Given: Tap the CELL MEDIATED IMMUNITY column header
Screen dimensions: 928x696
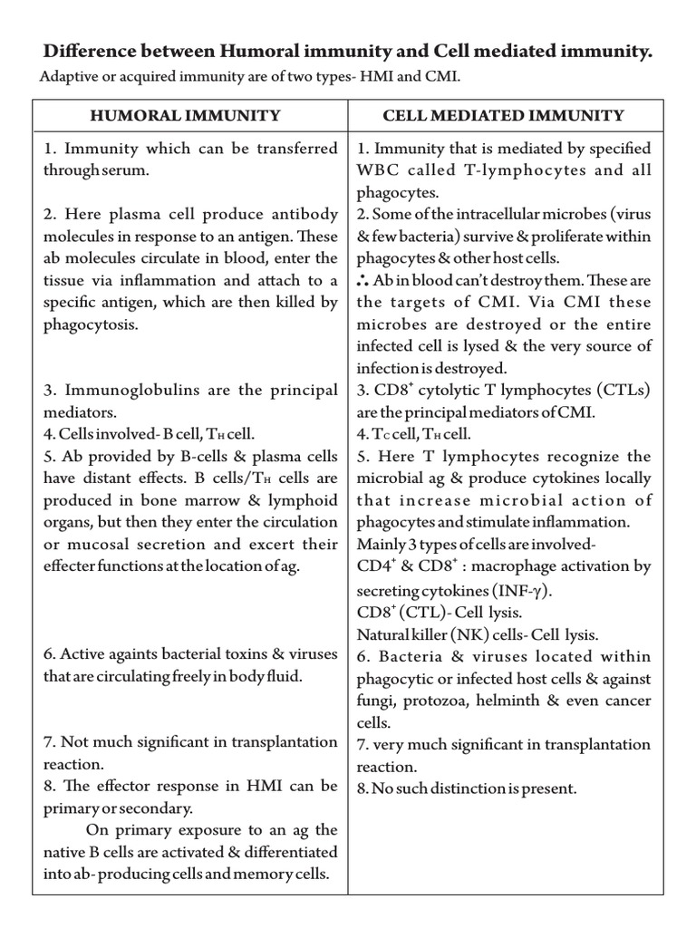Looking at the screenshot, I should click(503, 115).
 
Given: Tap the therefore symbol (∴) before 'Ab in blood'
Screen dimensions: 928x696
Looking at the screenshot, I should click(362, 280).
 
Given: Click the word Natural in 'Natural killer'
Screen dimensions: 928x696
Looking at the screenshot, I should click(384, 633).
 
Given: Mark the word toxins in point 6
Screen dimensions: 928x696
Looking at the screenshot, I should click(266, 653).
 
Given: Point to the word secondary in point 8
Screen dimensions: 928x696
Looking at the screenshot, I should click(160, 807).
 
